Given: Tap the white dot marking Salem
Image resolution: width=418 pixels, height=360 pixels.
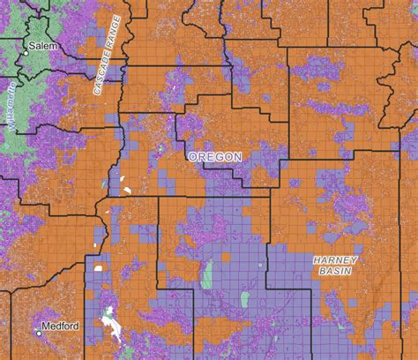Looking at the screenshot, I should [26, 53].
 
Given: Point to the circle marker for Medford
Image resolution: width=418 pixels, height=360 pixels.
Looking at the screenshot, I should [39, 333].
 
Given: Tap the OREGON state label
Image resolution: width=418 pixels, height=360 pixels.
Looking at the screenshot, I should [214, 156].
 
